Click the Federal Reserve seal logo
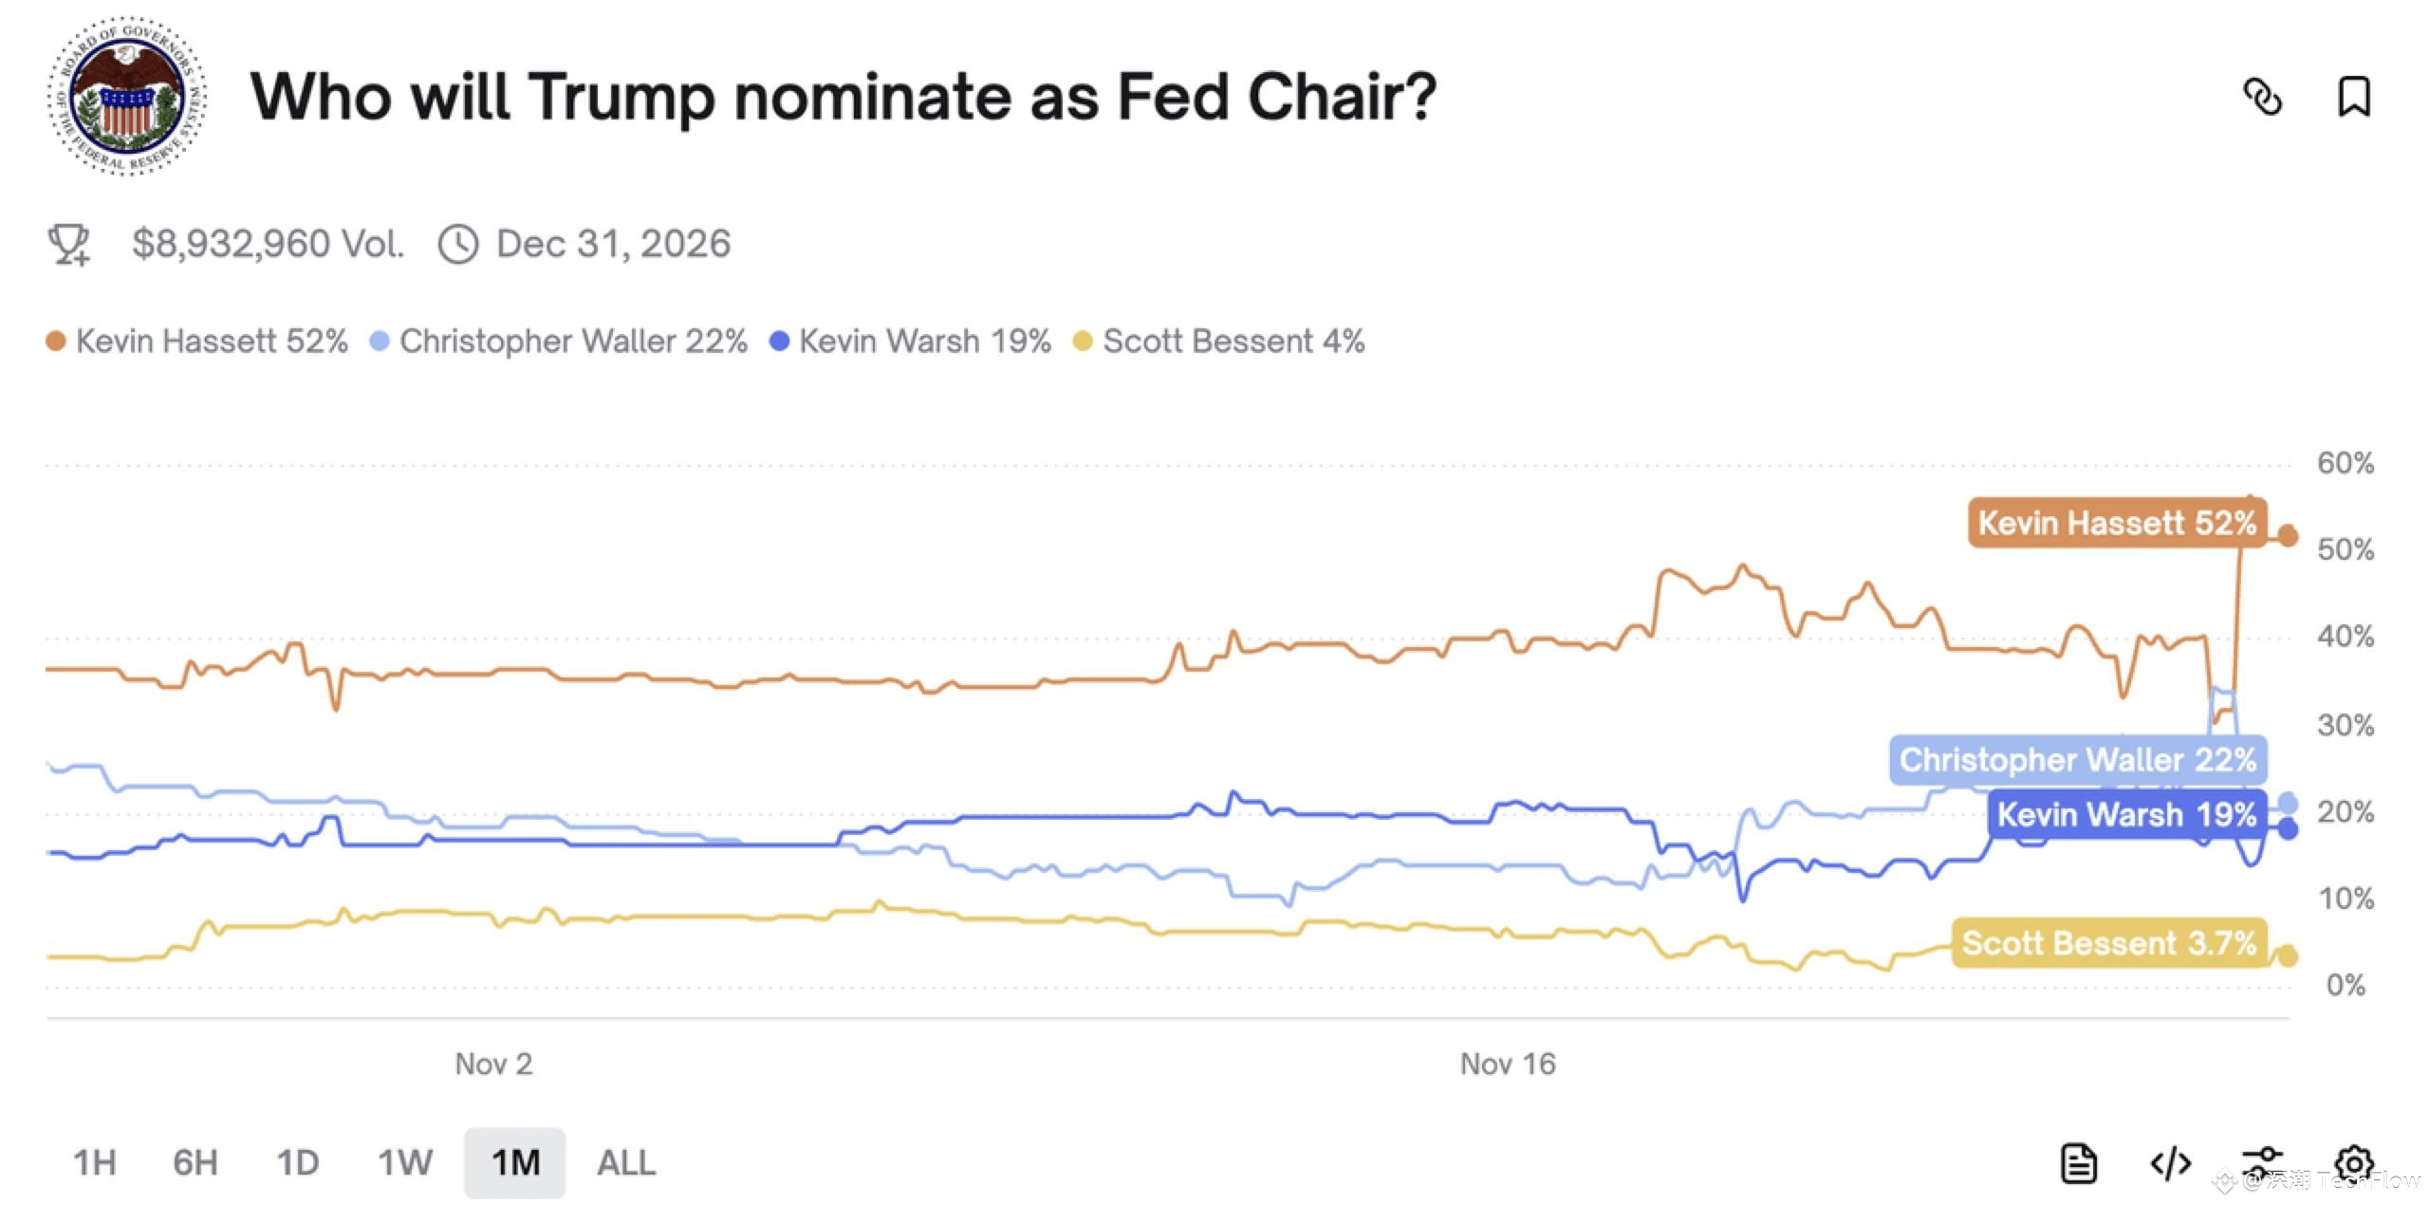[127, 96]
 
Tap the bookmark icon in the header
[2353, 97]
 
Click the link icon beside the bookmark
[2262, 97]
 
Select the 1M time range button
[515, 1162]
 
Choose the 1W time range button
[405, 1162]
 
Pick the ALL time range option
[626, 1162]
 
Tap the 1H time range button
[95, 1162]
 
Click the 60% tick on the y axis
[2346, 463]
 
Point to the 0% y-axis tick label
[2346, 985]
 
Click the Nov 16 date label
[1508, 1064]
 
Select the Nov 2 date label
[493, 1064]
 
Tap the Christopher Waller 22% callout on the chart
[2078, 760]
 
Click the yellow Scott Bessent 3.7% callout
[2108, 943]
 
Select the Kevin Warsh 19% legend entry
[911, 342]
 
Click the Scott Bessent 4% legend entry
[1219, 342]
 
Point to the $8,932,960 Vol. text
[268, 244]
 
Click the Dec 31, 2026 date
[613, 244]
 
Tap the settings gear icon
[2354, 1163]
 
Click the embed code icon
[2170, 1163]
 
